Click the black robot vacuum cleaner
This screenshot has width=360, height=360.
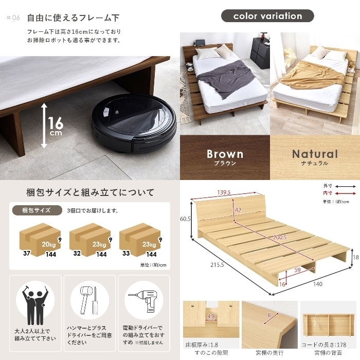click(x=134, y=123)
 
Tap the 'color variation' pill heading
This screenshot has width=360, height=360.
click(x=267, y=16)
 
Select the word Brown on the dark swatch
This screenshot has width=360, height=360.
click(x=225, y=154)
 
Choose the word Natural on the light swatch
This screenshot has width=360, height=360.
click(x=315, y=154)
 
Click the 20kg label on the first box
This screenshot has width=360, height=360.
click(x=49, y=244)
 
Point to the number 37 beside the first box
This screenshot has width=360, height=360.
click(x=27, y=253)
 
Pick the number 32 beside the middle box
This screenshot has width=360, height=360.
click(x=77, y=253)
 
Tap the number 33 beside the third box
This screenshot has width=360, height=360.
click(x=126, y=253)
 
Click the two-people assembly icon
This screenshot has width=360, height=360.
click(x=35, y=304)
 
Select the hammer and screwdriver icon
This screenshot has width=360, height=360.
click(x=89, y=300)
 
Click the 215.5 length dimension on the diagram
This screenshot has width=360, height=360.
click(x=217, y=265)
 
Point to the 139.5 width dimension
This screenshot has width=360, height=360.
click(x=224, y=192)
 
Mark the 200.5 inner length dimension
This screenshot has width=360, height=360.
click(x=280, y=237)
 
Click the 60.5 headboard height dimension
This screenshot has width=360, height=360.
click(x=185, y=219)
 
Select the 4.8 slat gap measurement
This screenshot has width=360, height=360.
click(x=211, y=316)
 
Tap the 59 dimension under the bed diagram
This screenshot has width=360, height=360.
click(x=297, y=270)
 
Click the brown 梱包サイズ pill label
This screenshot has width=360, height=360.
click(x=37, y=210)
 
